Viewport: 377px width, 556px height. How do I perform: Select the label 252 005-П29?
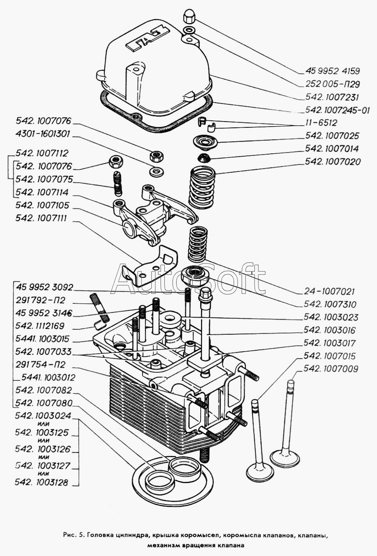coord(332,84)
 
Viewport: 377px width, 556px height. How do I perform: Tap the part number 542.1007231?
coord(332,97)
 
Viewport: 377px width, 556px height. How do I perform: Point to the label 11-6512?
coord(321,123)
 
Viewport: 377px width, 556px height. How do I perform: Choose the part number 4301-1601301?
coord(43,134)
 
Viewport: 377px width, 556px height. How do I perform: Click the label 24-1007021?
coord(330,291)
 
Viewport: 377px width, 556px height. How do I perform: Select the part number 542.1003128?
coord(41,482)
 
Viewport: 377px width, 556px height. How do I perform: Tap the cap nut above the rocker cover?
coord(189,18)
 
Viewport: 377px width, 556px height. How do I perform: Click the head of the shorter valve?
coord(260,472)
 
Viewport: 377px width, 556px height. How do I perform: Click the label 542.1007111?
coord(41,218)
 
